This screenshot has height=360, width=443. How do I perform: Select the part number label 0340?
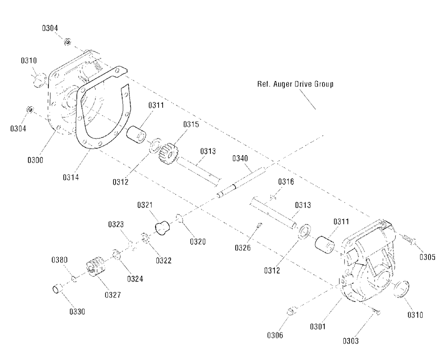click(x=239, y=158)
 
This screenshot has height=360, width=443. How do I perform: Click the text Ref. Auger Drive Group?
click(x=295, y=84)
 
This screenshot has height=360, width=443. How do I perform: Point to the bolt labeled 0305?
click(x=408, y=240)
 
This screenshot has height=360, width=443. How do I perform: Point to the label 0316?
click(x=286, y=182)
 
